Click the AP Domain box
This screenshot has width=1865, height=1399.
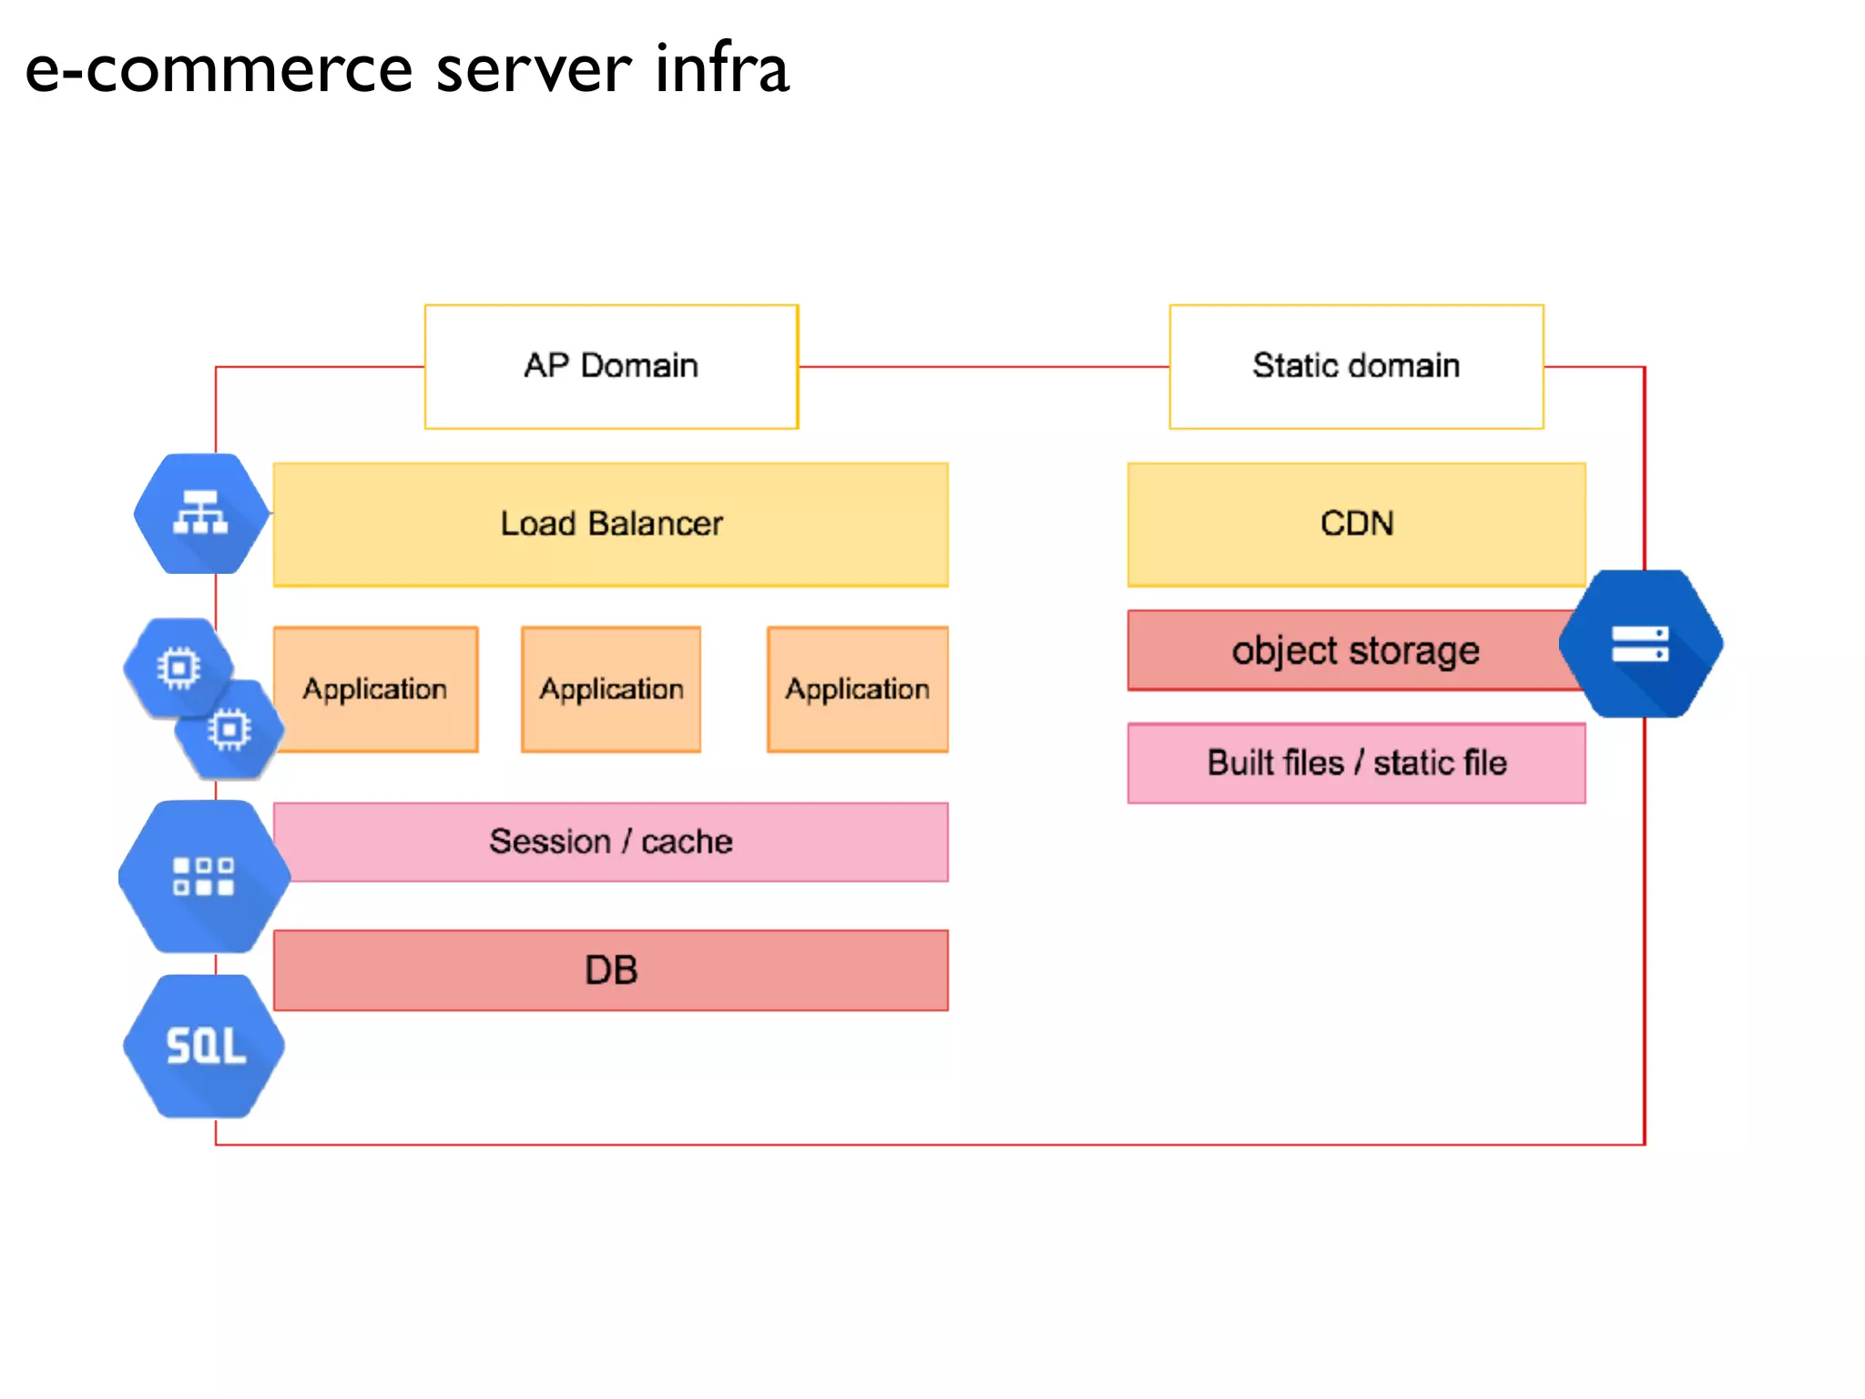611,366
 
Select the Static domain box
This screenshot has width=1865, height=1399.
1356,366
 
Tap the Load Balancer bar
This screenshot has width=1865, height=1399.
611,524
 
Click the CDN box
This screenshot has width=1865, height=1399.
1356,524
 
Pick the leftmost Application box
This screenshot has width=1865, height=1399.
375,689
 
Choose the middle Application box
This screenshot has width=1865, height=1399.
611,689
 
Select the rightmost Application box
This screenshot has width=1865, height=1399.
857,689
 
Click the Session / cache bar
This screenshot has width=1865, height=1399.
611,842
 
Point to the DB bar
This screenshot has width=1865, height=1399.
611,970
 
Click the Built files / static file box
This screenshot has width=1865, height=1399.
1356,763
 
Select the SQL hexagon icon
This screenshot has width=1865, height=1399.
205,1046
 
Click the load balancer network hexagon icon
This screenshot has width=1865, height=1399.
201,514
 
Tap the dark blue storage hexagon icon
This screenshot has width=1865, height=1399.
1640,644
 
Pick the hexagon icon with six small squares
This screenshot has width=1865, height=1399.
204,876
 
